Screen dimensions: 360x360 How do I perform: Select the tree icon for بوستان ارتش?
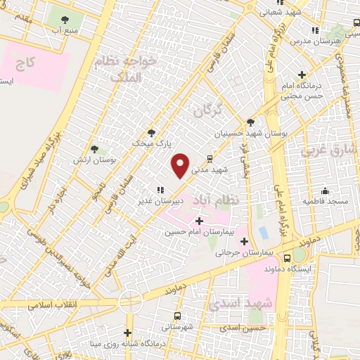click(x=94, y=148)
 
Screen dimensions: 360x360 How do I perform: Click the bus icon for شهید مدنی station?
click(x=209, y=159)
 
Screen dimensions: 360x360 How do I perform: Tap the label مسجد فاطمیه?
click(x=326, y=201)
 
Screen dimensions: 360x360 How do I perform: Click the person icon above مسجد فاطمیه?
click(x=326, y=191)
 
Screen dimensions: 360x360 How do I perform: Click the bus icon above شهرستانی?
click(x=176, y=316)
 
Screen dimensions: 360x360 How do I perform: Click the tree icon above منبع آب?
click(x=65, y=20)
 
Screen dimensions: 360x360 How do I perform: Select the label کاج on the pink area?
click(x=27, y=64)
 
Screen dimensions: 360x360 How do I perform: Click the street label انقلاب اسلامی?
click(x=56, y=307)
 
